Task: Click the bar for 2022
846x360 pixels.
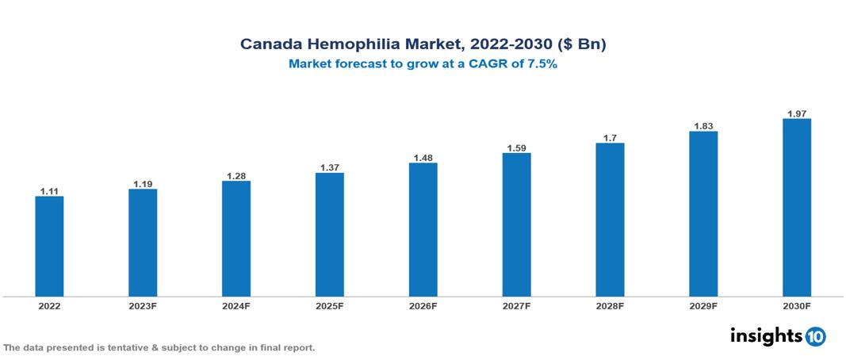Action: (49, 246)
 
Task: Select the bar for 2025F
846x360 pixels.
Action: (329, 235)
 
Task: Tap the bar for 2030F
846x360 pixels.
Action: (796, 208)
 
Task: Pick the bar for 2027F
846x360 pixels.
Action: (516, 224)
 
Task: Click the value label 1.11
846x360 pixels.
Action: (49, 191)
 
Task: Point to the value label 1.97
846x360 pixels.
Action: (796, 113)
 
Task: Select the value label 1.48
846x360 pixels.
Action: (423, 158)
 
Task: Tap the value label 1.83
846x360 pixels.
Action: (703, 126)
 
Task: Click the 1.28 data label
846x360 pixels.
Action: (236, 175)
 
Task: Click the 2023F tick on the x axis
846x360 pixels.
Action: (143, 305)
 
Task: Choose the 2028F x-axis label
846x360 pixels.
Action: (610, 305)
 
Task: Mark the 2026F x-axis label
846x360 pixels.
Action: (423, 305)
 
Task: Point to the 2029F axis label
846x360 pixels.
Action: (703, 305)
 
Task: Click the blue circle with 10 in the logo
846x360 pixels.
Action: (815, 337)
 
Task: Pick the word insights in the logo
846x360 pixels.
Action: (766, 336)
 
